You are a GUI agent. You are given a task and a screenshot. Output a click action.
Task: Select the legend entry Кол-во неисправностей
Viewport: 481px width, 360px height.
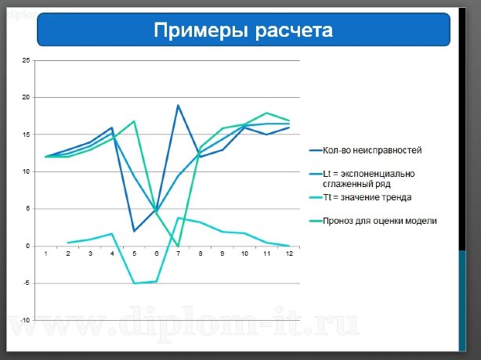(373, 149)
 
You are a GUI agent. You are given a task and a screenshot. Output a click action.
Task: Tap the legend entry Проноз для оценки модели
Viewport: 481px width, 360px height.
(378, 221)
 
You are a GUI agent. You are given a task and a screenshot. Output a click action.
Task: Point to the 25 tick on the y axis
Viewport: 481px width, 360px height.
(27, 60)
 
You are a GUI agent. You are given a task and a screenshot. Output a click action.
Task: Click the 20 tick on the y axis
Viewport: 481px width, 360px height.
(27, 98)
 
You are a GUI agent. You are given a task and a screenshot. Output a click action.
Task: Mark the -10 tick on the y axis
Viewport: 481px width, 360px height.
(26, 320)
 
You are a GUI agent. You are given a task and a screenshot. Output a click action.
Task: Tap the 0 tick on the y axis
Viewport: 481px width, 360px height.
(28, 246)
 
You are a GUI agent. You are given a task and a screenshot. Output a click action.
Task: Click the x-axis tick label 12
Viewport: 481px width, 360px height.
(289, 254)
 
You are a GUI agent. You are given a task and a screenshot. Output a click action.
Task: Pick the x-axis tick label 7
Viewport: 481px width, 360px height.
(179, 254)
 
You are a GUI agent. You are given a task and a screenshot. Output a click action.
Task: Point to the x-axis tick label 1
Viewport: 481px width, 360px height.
(46, 254)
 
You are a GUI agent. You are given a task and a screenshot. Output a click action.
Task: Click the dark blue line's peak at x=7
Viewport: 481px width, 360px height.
(179, 105)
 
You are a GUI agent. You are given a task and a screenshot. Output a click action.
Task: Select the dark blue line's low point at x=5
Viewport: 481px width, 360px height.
(134, 231)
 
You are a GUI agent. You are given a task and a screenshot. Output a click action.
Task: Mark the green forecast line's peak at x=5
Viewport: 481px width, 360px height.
(134, 121)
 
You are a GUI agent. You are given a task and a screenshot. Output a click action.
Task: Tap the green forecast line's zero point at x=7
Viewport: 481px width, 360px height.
(179, 246)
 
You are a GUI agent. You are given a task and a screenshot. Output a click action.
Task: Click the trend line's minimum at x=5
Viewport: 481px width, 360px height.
(134, 283)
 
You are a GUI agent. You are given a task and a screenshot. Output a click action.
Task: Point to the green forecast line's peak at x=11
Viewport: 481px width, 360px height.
(267, 113)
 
